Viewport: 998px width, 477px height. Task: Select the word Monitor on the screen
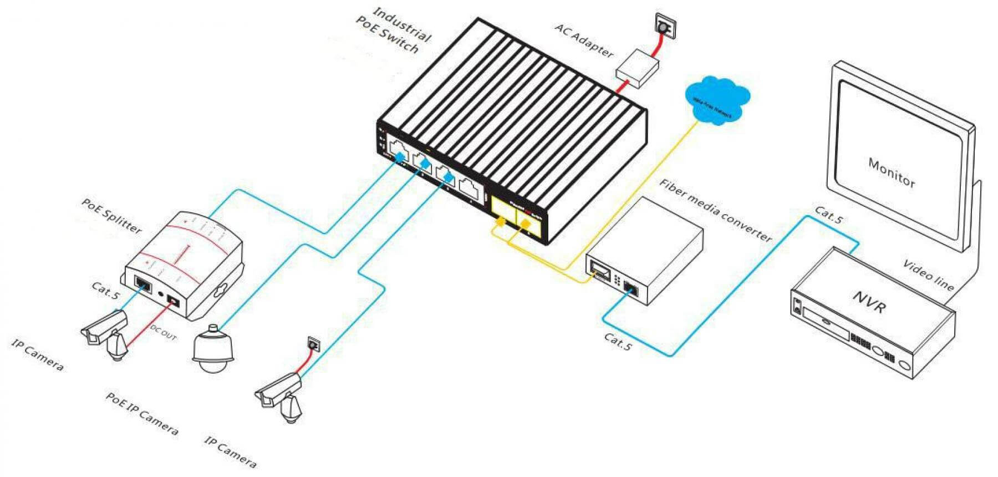(892, 172)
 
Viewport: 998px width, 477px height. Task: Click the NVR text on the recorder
(869, 302)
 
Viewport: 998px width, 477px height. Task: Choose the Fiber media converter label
(716, 210)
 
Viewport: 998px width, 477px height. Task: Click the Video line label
(929, 275)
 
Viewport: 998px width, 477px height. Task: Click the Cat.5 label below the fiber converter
(618, 341)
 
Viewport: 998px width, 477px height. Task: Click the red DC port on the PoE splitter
(174, 301)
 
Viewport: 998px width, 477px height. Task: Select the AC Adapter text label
(584, 40)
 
